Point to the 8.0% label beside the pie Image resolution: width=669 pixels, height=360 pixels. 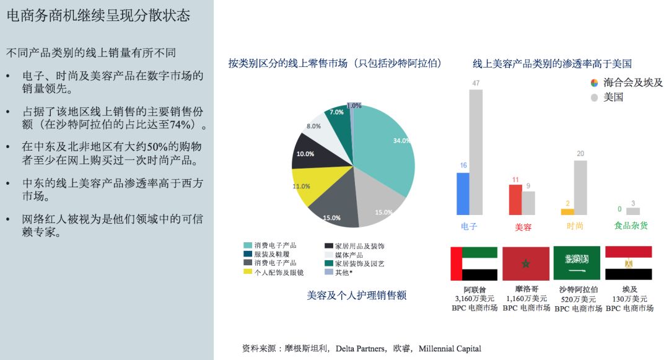314,126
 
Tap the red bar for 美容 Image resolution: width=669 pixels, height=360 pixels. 515,200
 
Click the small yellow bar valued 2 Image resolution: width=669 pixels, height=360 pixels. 567,211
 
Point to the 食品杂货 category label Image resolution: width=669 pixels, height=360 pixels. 631,226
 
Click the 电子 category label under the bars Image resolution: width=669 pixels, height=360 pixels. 469,226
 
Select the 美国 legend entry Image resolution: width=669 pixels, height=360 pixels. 613,97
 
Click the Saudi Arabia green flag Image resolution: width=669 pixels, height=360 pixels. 577,263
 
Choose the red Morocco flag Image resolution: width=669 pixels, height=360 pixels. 526,263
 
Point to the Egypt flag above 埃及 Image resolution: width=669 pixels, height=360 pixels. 628,263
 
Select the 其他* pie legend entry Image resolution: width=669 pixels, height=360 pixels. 342,272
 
